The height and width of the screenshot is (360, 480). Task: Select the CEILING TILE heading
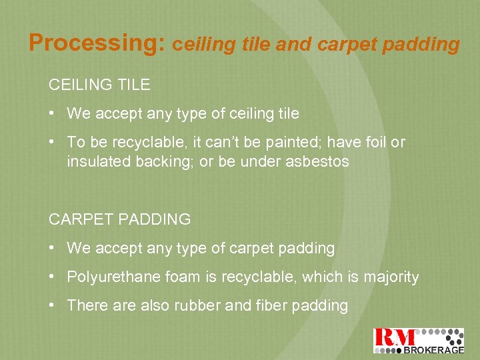pyautogui.click(x=99, y=85)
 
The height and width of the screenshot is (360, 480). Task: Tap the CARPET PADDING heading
pyautogui.click(x=120, y=219)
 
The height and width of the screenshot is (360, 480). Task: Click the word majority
pyautogui.click(x=391, y=277)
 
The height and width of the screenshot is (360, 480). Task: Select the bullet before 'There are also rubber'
pyautogui.click(x=52, y=305)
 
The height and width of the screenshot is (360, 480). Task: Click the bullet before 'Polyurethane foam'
pyautogui.click(x=52, y=277)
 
